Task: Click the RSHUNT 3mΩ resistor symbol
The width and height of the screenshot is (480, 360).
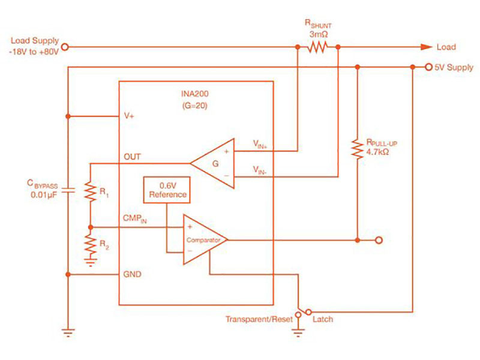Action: (x=317, y=47)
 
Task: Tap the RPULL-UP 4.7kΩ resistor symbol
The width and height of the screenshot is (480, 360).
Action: (x=357, y=149)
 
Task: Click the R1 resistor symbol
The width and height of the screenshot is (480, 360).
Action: (x=90, y=192)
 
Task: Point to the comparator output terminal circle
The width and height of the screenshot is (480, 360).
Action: (x=378, y=240)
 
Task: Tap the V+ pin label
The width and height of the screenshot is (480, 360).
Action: (x=128, y=116)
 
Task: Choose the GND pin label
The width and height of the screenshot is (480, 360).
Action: (x=131, y=274)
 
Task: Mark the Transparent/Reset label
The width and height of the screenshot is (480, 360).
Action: (x=259, y=319)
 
